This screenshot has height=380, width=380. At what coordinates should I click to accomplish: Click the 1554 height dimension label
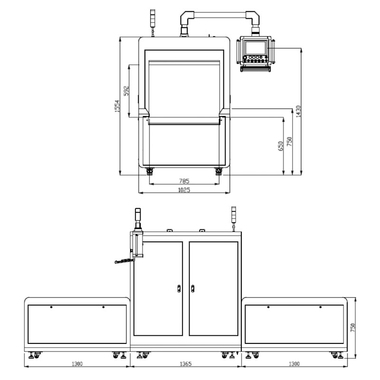point(117,105)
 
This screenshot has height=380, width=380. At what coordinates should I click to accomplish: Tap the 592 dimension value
point(126,91)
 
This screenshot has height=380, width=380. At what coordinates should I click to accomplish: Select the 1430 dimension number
point(298,111)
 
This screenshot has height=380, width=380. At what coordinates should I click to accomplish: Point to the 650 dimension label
point(280,146)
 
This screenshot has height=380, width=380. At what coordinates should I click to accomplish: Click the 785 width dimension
point(184,181)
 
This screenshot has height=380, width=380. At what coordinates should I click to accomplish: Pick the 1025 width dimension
point(184,190)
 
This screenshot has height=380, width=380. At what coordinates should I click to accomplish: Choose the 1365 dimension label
point(186,364)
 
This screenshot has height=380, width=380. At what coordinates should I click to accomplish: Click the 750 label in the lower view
point(352,328)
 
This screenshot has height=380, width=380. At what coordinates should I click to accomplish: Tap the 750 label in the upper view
point(289,142)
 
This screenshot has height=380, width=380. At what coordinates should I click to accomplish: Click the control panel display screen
point(255,48)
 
